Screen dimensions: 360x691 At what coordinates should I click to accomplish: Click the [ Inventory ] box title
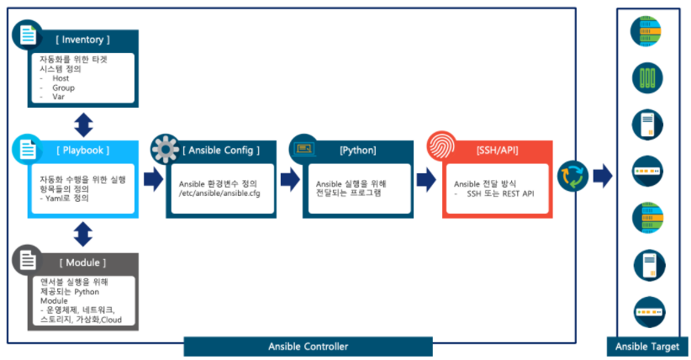tap(83, 40)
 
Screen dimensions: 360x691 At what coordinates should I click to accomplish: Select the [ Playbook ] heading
tap(82, 151)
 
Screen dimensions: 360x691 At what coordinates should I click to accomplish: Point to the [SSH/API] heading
tap(498, 151)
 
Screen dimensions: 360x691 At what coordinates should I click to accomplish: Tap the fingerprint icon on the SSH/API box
tap(441, 146)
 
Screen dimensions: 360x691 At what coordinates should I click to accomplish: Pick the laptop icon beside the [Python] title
tap(304, 149)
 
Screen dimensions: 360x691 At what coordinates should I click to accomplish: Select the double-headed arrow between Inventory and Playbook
tap(82, 124)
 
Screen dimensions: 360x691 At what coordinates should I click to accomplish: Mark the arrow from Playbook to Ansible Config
tap(154, 178)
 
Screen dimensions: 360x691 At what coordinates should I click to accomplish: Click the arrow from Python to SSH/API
tap(427, 178)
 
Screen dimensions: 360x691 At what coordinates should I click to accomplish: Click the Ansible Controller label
tap(308, 346)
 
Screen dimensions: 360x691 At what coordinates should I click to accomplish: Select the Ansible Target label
tap(648, 346)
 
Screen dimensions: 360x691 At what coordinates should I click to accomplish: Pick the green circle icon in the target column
tap(648, 79)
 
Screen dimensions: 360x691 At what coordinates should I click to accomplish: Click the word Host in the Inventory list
tap(61, 78)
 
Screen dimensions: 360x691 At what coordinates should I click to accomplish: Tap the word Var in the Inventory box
tap(58, 97)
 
